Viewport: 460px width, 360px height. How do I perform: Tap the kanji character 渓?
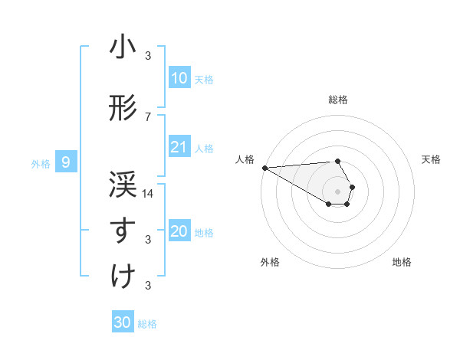(x=123, y=184)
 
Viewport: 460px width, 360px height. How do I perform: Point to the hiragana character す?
(x=123, y=230)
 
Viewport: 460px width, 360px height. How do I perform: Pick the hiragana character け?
(x=123, y=276)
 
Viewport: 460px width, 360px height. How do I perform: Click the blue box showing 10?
(x=179, y=78)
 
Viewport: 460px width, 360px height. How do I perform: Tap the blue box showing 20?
(x=179, y=232)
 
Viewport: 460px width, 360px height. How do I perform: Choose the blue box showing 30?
(x=123, y=322)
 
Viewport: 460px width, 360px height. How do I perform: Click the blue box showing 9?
(x=67, y=162)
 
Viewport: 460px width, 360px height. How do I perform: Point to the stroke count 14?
(x=149, y=193)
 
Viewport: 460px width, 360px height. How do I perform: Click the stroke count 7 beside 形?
(x=148, y=116)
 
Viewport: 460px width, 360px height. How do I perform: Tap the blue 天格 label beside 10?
(x=204, y=80)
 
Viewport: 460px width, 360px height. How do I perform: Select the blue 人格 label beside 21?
(x=204, y=149)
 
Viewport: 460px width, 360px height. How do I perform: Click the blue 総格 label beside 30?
(x=147, y=324)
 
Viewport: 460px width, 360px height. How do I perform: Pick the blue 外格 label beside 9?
(x=40, y=163)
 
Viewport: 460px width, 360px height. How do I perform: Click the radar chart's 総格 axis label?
(x=338, y=100)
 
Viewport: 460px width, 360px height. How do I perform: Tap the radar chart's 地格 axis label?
(x=402, y=262)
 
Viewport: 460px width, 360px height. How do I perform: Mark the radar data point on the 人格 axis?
(x=264, y=167)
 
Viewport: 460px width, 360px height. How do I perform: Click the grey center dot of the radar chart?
(x=338, y=191)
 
